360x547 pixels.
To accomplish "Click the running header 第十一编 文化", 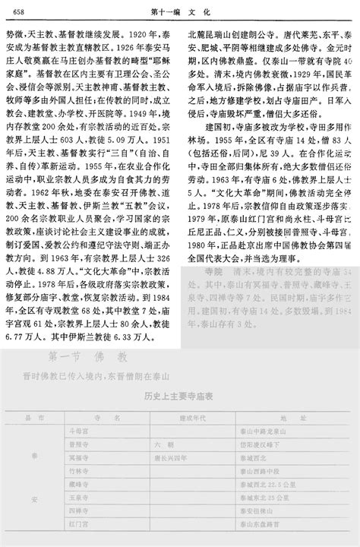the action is [179, 11].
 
